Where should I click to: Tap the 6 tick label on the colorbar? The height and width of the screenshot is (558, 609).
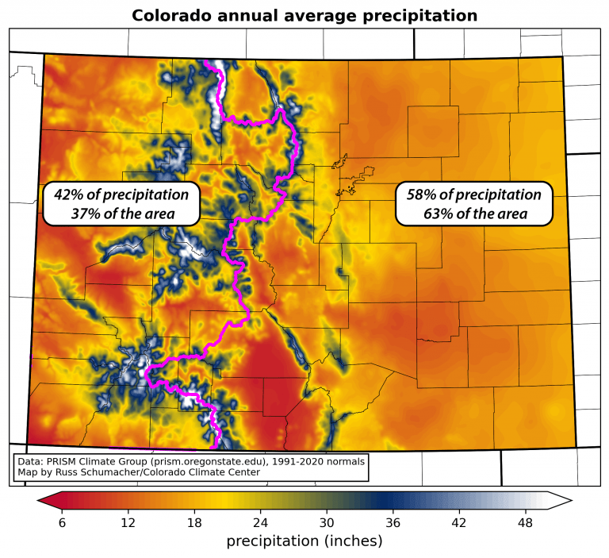(62, 522)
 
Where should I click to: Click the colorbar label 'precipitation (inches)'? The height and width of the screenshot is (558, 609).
(304, 541)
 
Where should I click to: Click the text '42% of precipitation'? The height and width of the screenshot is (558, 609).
(121, 194)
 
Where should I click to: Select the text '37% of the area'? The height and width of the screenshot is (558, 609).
(121, 214)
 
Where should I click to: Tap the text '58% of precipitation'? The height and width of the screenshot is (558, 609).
(473, 194)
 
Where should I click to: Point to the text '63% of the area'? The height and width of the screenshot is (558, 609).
(473, 214)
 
